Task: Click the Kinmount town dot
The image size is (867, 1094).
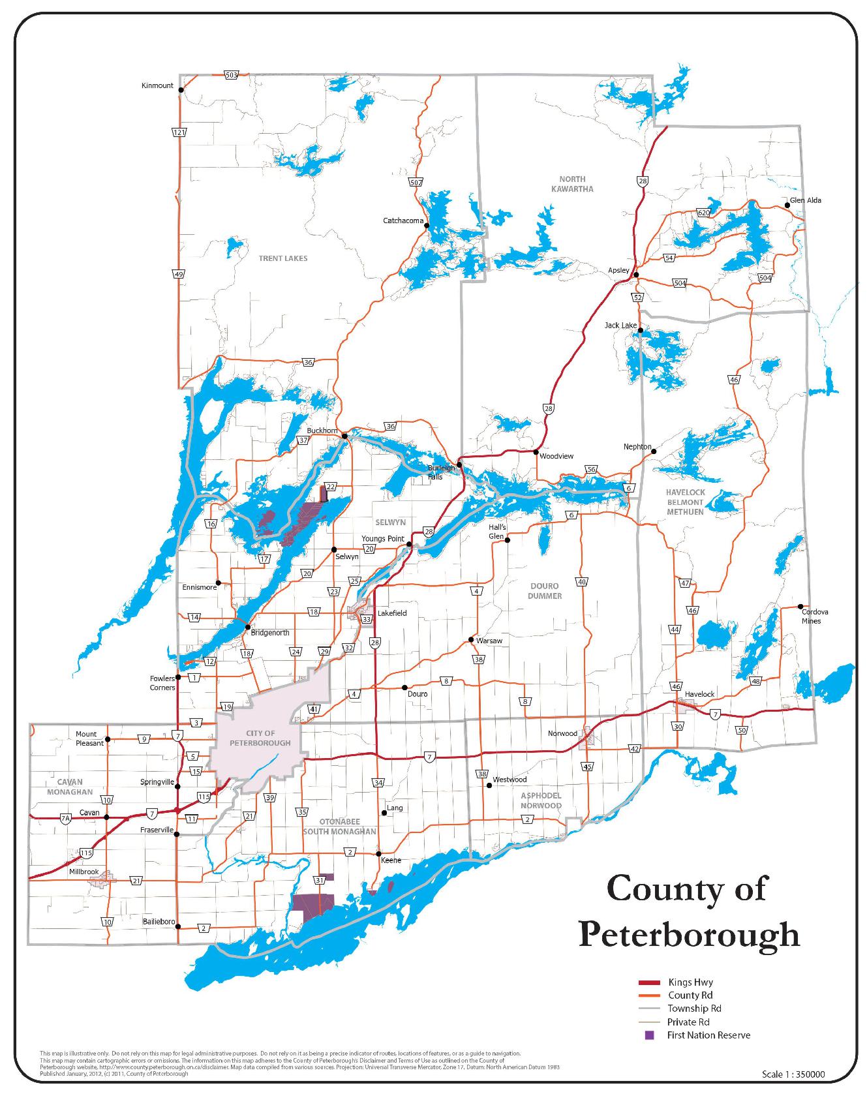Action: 181,91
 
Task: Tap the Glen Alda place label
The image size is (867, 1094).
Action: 806,200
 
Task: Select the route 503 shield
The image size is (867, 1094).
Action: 230,75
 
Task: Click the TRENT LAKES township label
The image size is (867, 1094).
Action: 283,258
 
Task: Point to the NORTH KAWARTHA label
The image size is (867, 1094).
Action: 576,184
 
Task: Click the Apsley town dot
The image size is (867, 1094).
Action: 636,275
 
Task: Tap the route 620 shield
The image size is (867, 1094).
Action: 703,213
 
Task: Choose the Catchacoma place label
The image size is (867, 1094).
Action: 403,220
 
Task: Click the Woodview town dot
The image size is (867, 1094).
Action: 536,452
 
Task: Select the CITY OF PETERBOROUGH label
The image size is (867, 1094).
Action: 260,738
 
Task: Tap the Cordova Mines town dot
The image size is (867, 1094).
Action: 801,606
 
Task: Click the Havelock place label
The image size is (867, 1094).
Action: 700,694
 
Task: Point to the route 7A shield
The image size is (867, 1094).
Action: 65,818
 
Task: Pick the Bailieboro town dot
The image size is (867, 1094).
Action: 178,926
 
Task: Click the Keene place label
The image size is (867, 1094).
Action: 391,860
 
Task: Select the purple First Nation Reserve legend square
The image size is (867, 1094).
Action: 649,1035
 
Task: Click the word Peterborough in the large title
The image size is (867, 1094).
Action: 689,934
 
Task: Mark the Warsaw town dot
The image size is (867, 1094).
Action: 471,640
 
